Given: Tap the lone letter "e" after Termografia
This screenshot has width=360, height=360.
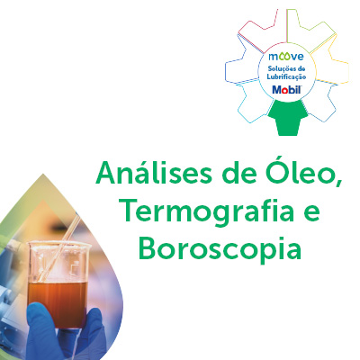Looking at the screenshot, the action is click(x=310, y=213).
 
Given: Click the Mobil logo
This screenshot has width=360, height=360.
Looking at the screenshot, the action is click(x=286, y=89).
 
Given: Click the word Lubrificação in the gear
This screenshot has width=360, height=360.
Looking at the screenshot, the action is click(x=286, y=77).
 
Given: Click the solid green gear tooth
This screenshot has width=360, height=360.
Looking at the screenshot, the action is click(x=287, y=119).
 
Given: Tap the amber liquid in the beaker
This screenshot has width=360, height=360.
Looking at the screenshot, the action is click(x=58, y=303).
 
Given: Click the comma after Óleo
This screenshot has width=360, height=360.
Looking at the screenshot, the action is click(x=338, y=184).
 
